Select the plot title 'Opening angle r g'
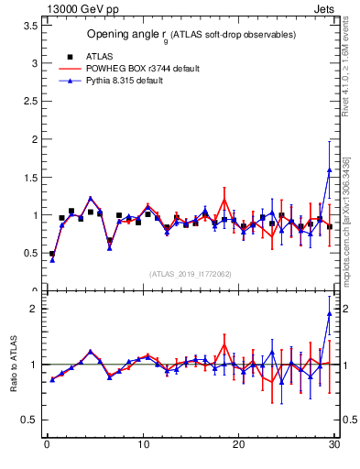coord(191,35)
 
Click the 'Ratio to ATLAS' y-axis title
coord(12,364)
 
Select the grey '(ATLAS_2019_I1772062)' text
coord(191,274)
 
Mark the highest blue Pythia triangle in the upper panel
coord(329,169)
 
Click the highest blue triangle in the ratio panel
coord(329,314)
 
